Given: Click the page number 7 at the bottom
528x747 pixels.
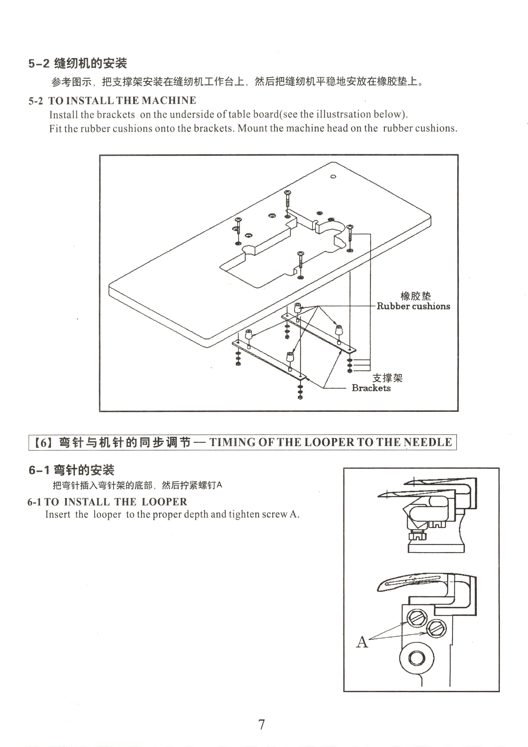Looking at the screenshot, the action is click(x=262, y=725).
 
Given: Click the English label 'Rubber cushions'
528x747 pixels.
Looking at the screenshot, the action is click(x=413, y=306).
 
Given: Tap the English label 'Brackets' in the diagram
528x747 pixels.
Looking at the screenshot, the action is click(x=371, y=388).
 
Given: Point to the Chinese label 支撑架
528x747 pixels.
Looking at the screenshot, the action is click(x=387, y=378).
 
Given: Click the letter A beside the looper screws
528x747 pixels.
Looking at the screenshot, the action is click(x=362, y=642).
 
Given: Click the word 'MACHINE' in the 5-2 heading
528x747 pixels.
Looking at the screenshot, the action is click(x=169, y=100).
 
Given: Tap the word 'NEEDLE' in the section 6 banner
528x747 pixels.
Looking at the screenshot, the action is click(x=428, y=442).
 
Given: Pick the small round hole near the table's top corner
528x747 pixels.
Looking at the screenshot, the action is click(x=333, y=177).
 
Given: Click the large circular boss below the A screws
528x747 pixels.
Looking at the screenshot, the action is click(x=417, y=658).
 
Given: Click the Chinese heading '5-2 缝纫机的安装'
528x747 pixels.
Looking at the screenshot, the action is click(x=78, y=63).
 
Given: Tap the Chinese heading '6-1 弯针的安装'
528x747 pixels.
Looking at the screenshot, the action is click(x=72, y=470).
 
